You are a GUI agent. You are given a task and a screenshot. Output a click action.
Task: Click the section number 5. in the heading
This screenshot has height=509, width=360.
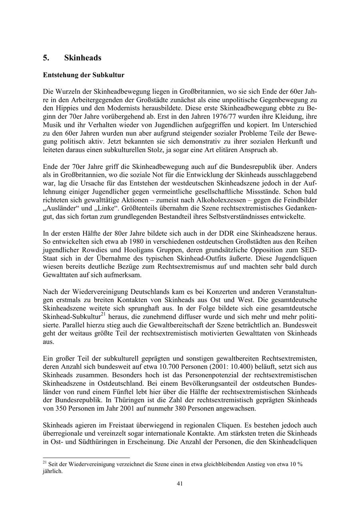pos(46,58)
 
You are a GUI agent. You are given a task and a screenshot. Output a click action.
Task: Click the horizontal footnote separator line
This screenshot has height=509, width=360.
pos(86,457)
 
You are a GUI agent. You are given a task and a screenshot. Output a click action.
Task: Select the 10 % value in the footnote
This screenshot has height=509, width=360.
pos(296,464)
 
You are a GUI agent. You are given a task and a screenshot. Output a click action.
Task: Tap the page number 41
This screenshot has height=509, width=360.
pos(180,483)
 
